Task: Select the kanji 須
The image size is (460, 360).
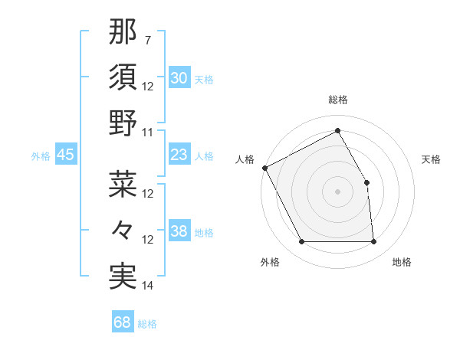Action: coord(123,77)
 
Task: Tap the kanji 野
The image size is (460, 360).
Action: coord(123,123)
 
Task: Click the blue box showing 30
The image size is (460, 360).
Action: coord(179,78)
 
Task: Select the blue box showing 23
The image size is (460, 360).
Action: coord(179,155)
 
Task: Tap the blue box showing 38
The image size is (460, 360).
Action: coord(179,231)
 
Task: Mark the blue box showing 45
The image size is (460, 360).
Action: coord(66,155)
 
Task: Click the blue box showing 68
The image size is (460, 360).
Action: coord(123,322)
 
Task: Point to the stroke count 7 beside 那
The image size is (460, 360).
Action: coord(147,39)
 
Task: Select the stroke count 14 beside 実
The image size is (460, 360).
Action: coord(148,286)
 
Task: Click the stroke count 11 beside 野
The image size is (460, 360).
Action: coord(148,133)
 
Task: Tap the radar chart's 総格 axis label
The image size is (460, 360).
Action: coord(338,100)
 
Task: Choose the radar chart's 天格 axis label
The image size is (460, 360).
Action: coord(432,159)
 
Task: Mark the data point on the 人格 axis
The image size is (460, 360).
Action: coord(265,168)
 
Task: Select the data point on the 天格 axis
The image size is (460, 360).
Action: coord(366,182)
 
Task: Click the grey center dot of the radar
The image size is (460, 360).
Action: coord(337,191)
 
